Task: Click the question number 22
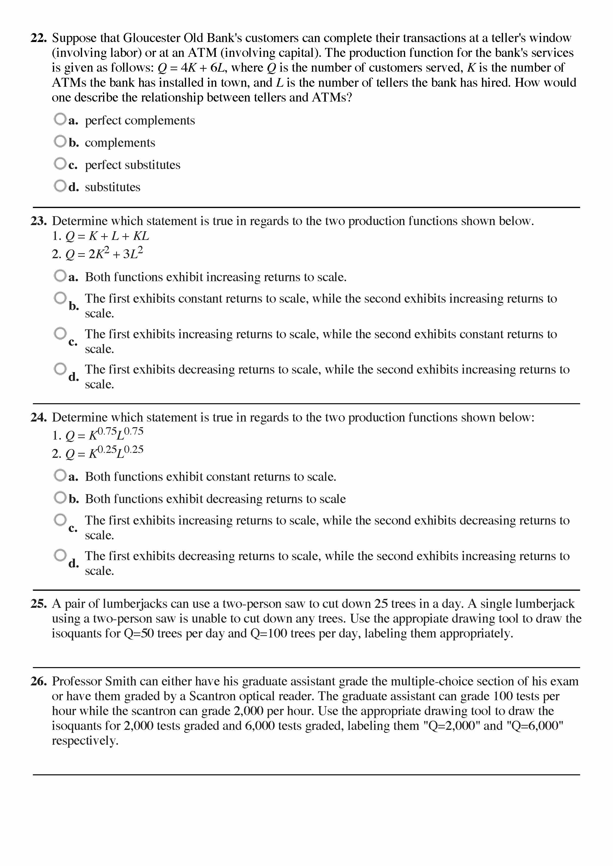pos(39,38)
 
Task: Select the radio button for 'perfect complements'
pos(60,119)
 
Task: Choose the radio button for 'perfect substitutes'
pos(60,164)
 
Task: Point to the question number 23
pos(39,221)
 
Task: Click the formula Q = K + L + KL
pos(107,236)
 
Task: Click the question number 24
pos(39,418)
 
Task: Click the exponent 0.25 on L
pos(134,449)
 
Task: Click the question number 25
pos(39,604)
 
